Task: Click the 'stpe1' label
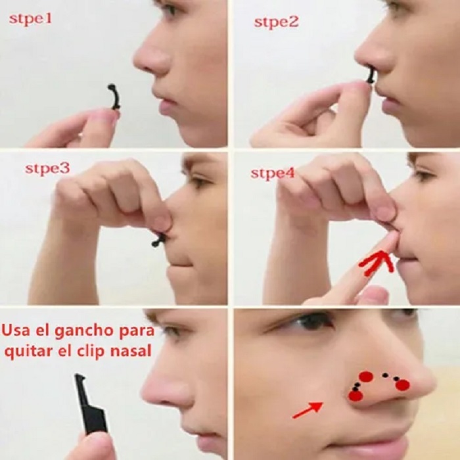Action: [30, 18]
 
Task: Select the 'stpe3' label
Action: [47, 168]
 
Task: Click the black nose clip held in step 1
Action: [115, 96]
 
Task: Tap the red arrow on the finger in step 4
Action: [375, 264]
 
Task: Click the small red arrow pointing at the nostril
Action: [307, 410]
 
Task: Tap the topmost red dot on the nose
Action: [366, 377]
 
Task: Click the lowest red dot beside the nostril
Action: [355, 396]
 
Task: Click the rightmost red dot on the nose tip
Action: [402, 385]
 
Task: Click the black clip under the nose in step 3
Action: [160, 240]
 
